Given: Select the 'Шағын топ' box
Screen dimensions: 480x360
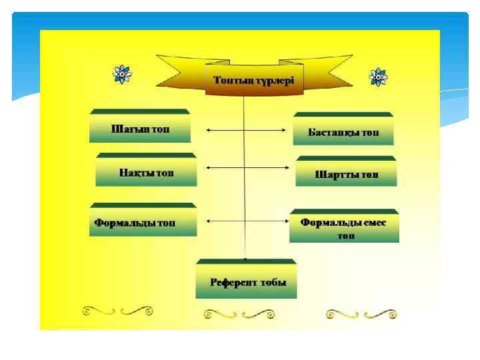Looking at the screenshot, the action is point(140,128).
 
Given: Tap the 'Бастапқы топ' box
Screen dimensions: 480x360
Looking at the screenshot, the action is point(343,132).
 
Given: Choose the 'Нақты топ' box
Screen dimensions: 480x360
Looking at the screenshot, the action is point(147,173).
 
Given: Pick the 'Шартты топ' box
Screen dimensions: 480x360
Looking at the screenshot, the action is point(346,175).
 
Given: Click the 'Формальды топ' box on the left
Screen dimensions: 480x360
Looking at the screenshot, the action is point(144,222).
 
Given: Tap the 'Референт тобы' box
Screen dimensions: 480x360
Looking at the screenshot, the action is point(245,281).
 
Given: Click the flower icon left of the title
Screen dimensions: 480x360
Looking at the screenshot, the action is point(121,74).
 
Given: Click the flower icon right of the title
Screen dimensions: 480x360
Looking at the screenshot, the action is point(378,77).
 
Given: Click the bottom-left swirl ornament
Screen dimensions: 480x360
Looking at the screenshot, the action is point(118,311).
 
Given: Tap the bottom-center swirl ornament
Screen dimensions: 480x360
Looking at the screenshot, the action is point(239,312).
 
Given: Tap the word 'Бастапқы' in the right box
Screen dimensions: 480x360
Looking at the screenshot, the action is point(333,132).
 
